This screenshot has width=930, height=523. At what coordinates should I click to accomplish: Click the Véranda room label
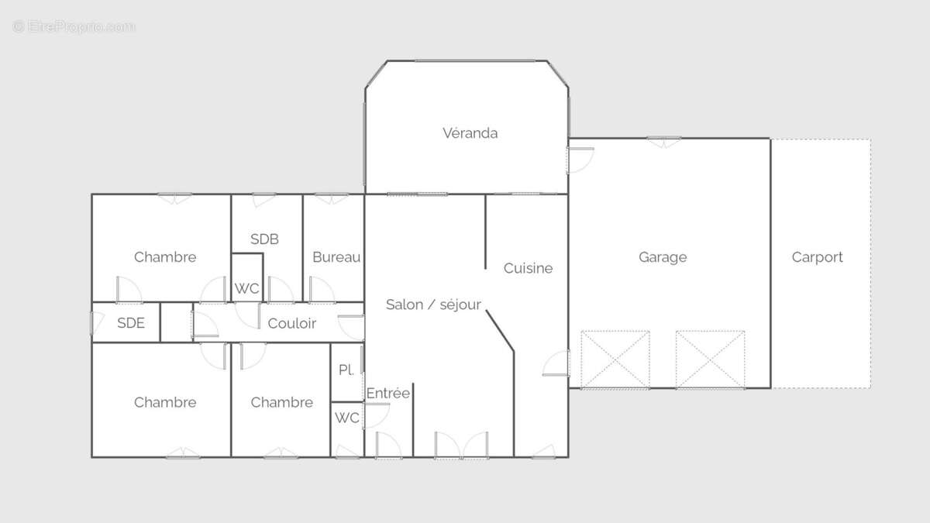coord(470,133)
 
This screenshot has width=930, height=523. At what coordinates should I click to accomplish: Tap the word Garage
coord(663,257)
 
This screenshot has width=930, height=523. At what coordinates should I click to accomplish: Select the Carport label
coord(817,257)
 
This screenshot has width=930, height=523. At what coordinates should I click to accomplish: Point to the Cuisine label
coord(528,268)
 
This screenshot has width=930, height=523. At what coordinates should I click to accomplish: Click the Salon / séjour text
coord(433,305)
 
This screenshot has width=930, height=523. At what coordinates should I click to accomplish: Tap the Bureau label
coord(336,257)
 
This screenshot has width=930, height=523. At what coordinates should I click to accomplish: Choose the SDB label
coord(264,239)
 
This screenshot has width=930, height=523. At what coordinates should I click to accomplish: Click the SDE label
coord(131,323)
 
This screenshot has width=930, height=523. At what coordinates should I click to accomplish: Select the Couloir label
coord(292,323)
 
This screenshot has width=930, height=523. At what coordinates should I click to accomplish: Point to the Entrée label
coord(388,393)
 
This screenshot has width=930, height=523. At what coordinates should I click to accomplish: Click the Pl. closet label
coord(346,370)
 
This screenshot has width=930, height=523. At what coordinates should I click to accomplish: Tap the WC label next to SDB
coord(246,288)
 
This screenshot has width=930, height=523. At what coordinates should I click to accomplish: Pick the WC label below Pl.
coord(346,418)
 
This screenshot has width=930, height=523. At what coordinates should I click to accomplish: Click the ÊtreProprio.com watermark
coord(74,27)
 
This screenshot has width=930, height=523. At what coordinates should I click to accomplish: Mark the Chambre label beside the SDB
coord(165,257)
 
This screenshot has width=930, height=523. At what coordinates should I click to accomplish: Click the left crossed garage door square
coord(615,360)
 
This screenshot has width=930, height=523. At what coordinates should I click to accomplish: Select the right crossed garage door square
coord(711,360)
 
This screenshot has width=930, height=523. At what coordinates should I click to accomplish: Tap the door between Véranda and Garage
coord(580,160)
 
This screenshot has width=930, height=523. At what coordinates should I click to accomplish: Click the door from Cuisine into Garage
coord(556,363)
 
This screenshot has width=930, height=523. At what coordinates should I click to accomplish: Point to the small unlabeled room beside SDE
coord(177,322)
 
